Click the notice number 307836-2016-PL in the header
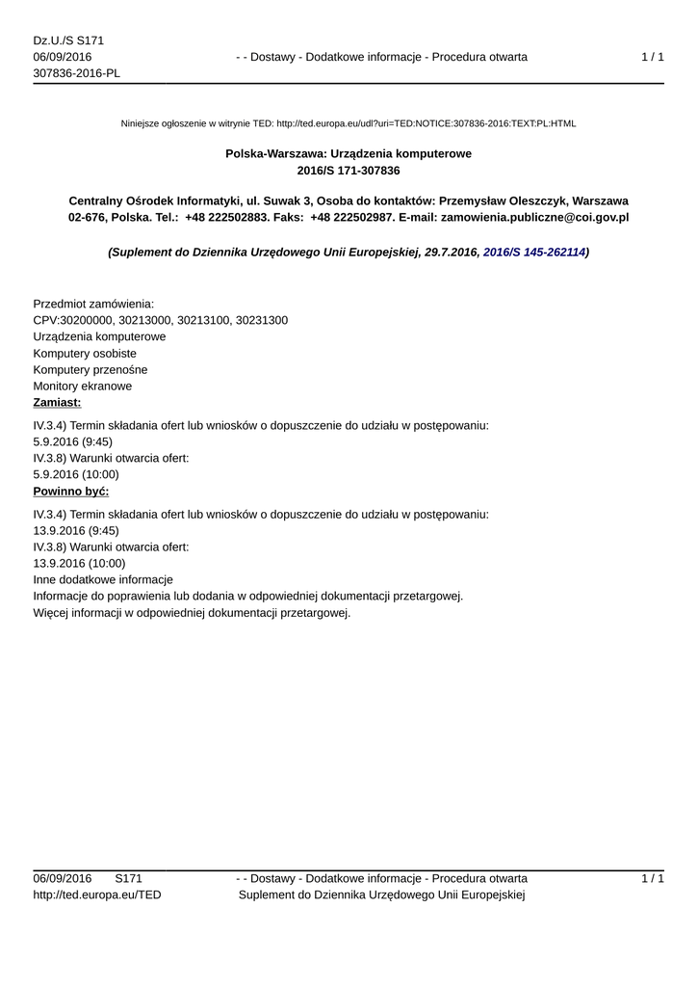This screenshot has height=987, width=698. click(x=76, y=73)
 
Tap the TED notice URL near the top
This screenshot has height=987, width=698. click(x=426, y=123)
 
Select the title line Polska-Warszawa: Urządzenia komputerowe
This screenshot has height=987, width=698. click(x=349, y=153)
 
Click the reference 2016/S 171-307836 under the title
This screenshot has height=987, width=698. click(x=349, y=170)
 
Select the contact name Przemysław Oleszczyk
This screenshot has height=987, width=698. click(x=504, y=200)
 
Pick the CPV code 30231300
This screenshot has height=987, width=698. click(x=261, y=320)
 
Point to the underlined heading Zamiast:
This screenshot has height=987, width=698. click(x=57, y=402)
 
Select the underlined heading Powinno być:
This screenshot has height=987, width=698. click(x=71, y=491)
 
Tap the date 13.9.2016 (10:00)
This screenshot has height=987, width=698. click(x=79, y=563)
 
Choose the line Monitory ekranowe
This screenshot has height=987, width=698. click(x=83, y=386)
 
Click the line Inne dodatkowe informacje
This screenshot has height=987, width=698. click(x=103, y=579)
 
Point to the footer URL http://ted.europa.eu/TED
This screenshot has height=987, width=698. click(x=97, y=894)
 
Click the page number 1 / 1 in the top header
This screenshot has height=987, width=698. click(x=652, y=57)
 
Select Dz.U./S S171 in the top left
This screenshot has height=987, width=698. click(x=68, y=40)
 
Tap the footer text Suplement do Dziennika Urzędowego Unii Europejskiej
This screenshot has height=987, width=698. click(x=380, y=894)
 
